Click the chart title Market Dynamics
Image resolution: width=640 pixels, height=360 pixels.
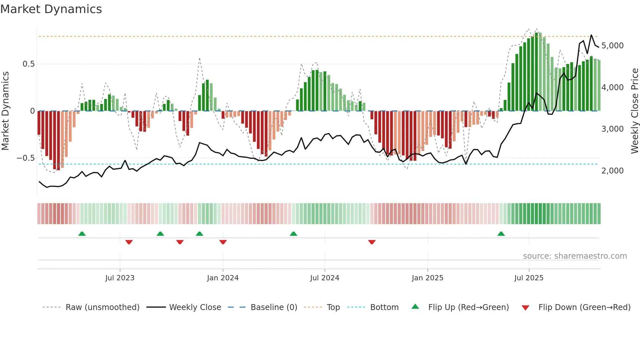coord(51,9)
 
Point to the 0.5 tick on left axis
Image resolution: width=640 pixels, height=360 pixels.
coord(28,64)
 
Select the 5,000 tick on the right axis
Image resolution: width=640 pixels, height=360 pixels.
coord(612,46)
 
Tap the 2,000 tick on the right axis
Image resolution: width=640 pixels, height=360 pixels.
coord(612,171)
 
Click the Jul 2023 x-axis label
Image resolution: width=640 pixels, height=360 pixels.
coord(120,278)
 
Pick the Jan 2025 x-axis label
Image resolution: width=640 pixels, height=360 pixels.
coord(427,278)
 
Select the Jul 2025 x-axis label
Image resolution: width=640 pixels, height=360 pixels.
coord(529,278)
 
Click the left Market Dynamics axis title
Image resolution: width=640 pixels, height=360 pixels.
coord(6,111)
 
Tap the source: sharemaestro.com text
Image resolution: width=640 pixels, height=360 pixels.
coord(575,256)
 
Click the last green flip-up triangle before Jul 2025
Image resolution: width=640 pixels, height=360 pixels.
coord(501,234)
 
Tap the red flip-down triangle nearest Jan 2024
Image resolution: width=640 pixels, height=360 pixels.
coord(223,242)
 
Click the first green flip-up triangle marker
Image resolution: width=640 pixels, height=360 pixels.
coord(82,234)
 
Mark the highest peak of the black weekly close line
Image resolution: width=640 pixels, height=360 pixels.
coord(591,35)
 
